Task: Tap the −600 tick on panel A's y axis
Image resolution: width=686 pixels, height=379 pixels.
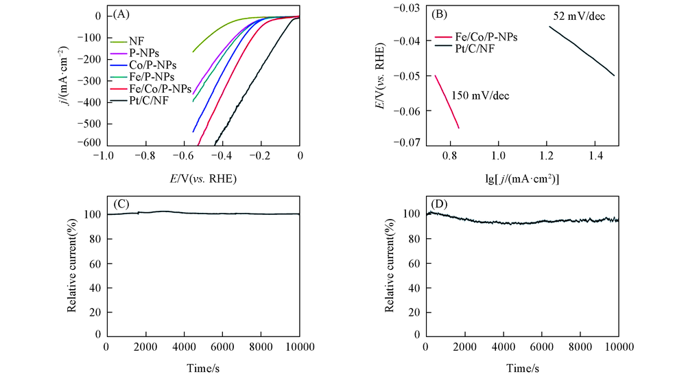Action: pyautogui.click(x=88, y=143)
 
